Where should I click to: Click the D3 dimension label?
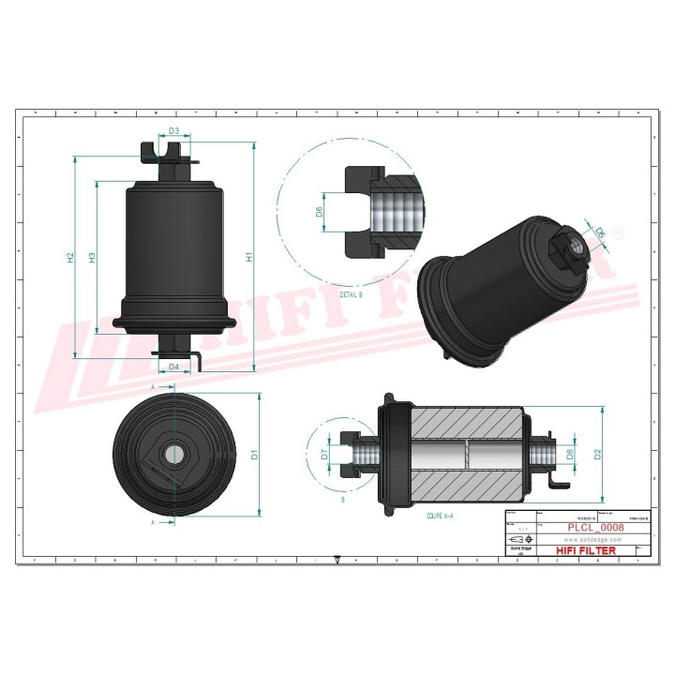click(174, 132)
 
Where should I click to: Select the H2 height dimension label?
click(71, 257)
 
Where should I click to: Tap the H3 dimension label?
click(92, 257)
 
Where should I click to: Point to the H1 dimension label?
click(248, 257)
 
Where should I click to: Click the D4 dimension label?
click(174, 367)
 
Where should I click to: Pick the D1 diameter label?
click(254, 455)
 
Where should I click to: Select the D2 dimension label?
click(597, 455)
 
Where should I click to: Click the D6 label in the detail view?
click(319, 212)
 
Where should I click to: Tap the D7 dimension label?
click(323, 455)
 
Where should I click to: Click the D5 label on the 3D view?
click(600, 232)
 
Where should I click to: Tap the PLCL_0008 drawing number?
click(594, 528)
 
